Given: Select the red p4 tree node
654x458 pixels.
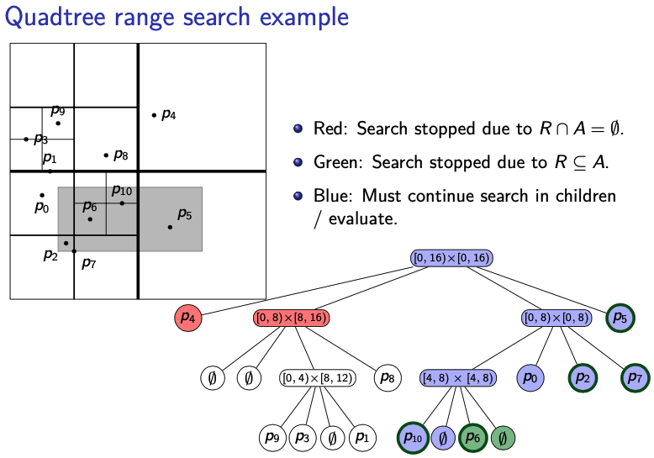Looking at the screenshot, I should click(188, 318).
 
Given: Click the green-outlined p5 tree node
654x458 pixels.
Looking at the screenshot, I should click(620, 318).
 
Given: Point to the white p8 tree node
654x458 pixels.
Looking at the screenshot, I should click(387, 378).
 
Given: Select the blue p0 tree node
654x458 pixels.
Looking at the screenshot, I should click(530, 378).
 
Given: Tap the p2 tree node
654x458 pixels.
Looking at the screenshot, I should click(583, 378).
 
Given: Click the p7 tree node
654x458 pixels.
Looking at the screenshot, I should click(636, 378).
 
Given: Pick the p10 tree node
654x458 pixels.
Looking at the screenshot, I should click(412, 438).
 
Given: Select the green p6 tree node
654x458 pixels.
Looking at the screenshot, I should click(472, 438).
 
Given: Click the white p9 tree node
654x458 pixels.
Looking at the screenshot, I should click(272, 438).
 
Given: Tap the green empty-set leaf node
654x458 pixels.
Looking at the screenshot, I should click(503, 438).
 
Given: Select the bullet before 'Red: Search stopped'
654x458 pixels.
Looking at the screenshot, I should click(298, 129).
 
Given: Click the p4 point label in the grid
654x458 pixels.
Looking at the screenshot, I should click(169, 114).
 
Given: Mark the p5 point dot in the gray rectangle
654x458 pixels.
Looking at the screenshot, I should click(170, 227).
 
